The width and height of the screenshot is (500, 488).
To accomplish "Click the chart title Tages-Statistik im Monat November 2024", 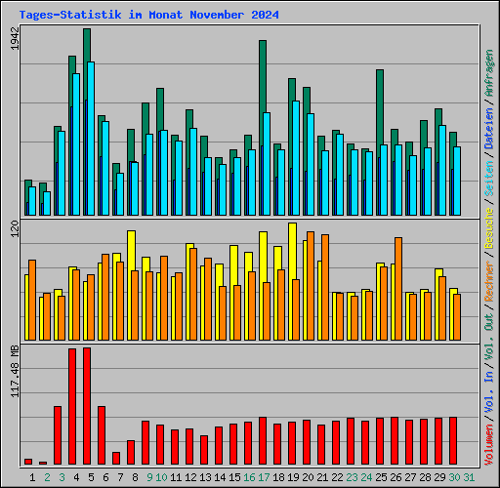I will pyautogui.click(x=148, y=16).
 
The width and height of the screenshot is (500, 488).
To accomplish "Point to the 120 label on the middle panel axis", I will pyautogui.click(x=13, y=230).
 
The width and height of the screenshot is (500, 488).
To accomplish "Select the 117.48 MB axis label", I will pyautogui.click(x=13, y=372).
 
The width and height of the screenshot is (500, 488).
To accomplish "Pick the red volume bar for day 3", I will pyautogui.click(x=58, y=434).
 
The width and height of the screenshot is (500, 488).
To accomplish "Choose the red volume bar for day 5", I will pyautogui.click(x=87, y=405).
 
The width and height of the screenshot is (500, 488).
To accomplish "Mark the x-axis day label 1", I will pyautogui.click(x=32, y=476).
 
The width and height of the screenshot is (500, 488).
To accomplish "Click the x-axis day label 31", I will pyautogui.click(x=469, y=476).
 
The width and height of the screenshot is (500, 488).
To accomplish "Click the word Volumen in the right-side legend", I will pyautogui.click(x=488, y=439).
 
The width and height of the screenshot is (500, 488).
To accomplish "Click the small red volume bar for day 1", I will pyautogui.click(x=28, y=461).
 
